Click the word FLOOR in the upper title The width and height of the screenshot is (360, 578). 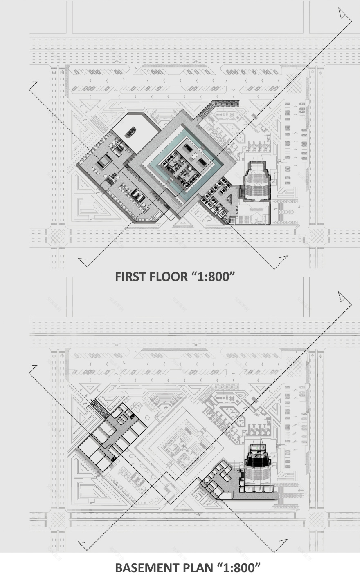pyautogui.click(x=167, y=277)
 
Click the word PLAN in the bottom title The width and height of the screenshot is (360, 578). pyautogui.click(x=198, y=568)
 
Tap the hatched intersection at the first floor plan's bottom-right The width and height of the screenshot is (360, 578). pyautogui.click(x=317, y=236)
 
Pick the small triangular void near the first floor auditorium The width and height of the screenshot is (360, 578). pyautogui.click(x=230, y=199)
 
